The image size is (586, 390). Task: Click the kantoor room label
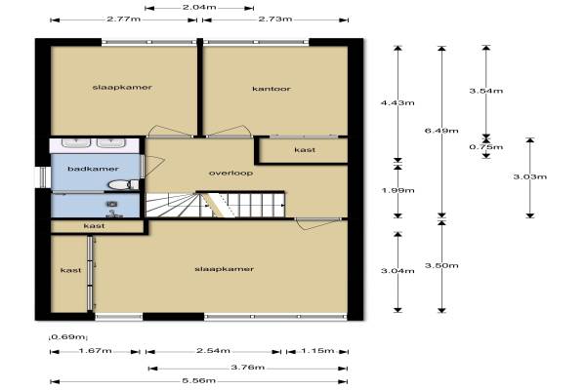click(272, 89)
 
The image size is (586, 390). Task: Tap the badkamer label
click(93, 169)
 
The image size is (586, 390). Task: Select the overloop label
click(230, 174)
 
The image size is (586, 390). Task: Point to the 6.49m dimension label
click(441, 131)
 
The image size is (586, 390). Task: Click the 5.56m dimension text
click(199, 380)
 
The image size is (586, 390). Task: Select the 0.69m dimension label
click(67, 337)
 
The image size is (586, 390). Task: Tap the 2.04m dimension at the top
click(199, 7)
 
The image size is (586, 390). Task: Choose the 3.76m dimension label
click(248, 368)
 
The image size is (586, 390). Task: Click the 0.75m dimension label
click(485, 147)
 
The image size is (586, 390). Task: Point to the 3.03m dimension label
click(530, 176)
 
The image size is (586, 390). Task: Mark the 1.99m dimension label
click(398, 190)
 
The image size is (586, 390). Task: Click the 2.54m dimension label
click(213, 351)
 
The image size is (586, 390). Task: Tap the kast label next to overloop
click(305, 150)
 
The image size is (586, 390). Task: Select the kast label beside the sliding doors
click(70, 270)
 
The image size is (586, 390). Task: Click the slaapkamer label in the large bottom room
click(225, 269)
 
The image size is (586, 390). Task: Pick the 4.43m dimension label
click(398, 102)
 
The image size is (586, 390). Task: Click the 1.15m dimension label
click(317, 351)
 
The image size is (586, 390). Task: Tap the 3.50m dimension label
click(441, 266)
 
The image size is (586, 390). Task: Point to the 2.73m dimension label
click(275, 19)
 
